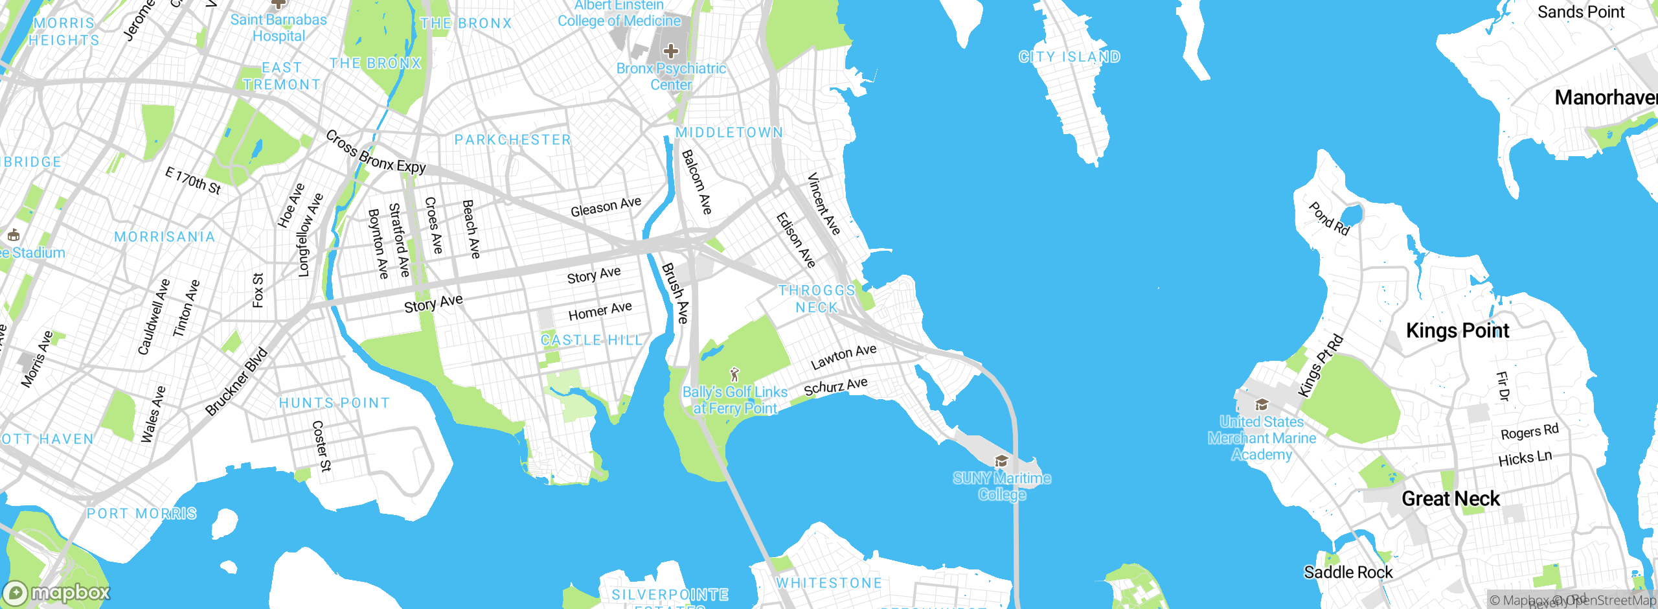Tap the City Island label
coord(1069,57)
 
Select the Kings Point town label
coord(1457,330)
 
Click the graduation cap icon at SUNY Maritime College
coord(1001,461)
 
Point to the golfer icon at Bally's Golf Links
coord(734,374)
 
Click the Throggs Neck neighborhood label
coord(817,299)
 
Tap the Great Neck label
coord(1451,499)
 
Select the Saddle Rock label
coord(1348,572)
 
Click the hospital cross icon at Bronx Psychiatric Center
coord(671,51)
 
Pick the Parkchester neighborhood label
coord(513,140)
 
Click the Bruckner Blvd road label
coord(236,382)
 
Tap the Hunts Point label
coord(334,403)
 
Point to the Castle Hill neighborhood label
coord(591,340)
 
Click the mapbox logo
coord(57,592)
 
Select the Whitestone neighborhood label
coord(829,583)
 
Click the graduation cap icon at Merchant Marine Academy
coord(1261,406)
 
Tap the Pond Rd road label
coord(1329,219)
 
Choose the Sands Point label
coord(1581,12)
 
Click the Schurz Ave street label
coord(835,387)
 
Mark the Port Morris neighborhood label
coord(142,514)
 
